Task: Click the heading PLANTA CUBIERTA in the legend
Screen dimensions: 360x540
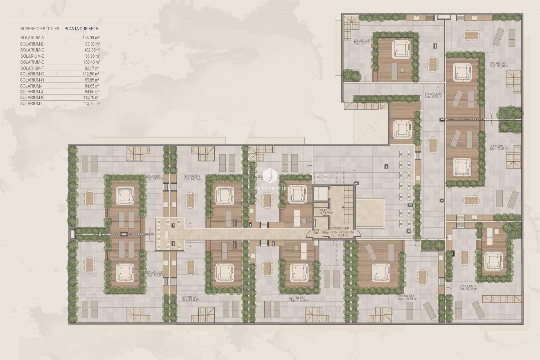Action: click(x=81, y=29)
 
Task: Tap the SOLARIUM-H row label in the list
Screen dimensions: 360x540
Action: click(x=32, y=80)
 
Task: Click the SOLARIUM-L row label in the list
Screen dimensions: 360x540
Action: click(x=32, y=103)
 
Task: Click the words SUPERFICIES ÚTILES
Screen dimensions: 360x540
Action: click(x=40, y=29)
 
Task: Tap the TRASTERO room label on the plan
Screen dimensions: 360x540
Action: click(x=325, y=210)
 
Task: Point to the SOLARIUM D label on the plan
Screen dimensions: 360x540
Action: click(x=433, y=94)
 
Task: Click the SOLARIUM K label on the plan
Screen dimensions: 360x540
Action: click(x=155, y=273)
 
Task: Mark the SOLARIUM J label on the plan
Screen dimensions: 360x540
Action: click(x=192, y=177)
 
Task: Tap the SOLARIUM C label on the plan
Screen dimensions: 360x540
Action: click(x=498, y=146)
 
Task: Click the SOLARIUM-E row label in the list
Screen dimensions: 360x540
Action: click(x=32, y=62)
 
